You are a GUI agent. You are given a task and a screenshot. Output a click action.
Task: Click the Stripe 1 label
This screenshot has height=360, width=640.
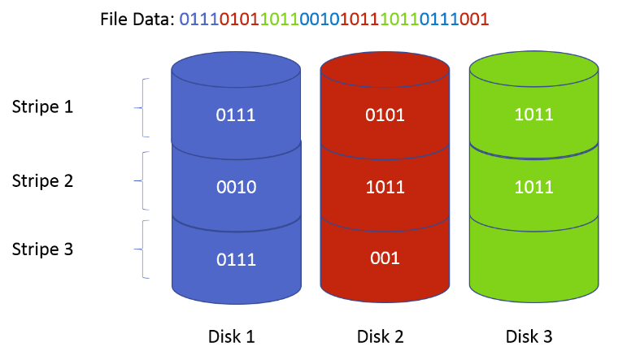[42, 106]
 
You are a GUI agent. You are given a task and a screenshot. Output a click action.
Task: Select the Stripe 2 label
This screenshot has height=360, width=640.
[42, 180]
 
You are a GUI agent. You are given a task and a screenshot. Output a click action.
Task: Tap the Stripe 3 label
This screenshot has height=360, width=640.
[42, 249]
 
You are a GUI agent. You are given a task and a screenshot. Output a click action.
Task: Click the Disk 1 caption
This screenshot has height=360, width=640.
[232, 336]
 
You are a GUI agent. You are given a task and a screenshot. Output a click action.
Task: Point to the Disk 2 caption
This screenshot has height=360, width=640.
[381, 336]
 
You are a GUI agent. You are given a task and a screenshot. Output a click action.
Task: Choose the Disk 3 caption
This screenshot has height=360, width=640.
[529, 336]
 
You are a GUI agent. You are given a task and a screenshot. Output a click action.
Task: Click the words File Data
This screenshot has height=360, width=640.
[137, 18]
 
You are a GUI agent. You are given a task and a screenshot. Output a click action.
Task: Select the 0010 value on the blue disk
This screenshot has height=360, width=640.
[236, 188]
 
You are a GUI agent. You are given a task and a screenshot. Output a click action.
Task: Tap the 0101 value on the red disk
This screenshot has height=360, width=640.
[385, 115]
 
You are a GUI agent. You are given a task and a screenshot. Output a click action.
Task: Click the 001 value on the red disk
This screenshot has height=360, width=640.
[385, 258]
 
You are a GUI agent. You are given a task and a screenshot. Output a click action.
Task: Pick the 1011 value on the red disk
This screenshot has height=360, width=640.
[385, 188]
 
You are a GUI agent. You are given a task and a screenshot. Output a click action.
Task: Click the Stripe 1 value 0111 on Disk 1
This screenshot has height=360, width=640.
[236, 115]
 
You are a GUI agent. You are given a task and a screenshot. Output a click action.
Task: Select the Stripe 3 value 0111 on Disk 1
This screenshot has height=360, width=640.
[236, 260]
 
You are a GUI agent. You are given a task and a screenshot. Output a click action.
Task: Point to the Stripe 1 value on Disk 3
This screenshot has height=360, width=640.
[533, 115]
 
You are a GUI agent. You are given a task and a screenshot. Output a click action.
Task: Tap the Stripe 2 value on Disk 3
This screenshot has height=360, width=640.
[533, 187]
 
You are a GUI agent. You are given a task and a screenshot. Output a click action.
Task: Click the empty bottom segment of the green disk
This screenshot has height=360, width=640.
[533, 256]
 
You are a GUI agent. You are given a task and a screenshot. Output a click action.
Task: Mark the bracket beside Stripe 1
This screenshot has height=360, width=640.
[145, 107]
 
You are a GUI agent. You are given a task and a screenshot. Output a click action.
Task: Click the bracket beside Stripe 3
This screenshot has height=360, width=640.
[145, 249]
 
